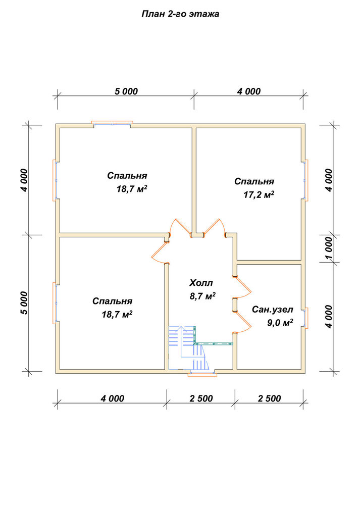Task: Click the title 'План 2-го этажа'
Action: click(180, 14)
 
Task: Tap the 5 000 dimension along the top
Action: click(126, 91)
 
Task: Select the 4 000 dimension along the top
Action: click(249, 91)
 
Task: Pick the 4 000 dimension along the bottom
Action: click(113, 399)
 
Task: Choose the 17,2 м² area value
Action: click(259, 194)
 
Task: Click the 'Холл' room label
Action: click(201, 283)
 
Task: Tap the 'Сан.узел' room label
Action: click(273, 310)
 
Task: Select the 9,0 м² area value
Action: click(280, 323)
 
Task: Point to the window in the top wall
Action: click(112, 123)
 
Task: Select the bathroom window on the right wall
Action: click(305, 318)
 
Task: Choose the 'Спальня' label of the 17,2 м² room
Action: click(254, 182)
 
